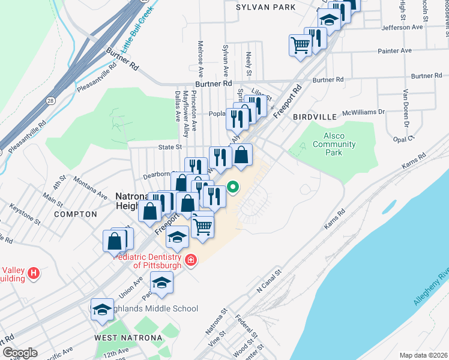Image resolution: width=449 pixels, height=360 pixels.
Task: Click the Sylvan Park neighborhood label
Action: [265, 7]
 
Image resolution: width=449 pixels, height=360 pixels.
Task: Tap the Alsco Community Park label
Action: [334, 144]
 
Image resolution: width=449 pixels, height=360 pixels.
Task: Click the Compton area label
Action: [75, 214]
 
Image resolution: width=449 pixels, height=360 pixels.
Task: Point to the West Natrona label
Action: [128, 338]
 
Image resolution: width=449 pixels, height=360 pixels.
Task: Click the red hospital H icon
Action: [34, 274]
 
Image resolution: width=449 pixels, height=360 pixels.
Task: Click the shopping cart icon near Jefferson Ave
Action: [300, 44]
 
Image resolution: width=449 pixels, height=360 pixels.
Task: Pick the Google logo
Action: [19, 353]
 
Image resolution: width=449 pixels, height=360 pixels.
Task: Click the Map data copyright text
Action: [423, 355]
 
